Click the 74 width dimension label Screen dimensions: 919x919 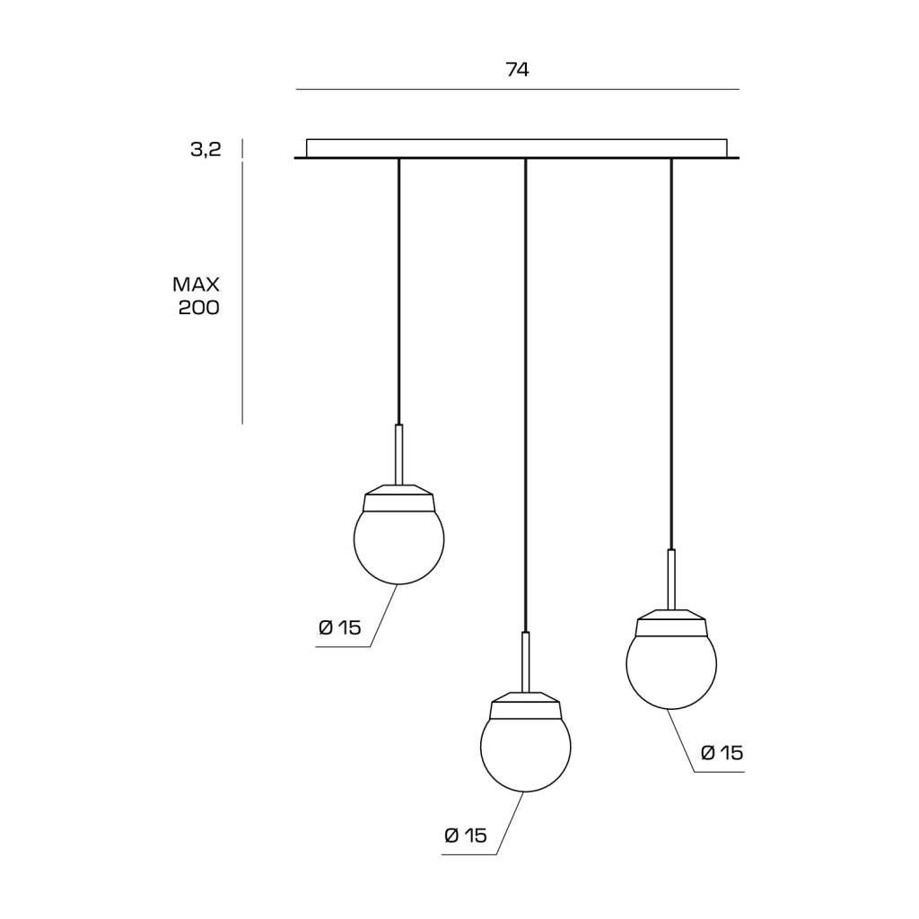(x=517, y=70)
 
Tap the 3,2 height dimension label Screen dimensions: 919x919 (x=206, y=150)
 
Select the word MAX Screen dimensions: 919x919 (x=196, y=284)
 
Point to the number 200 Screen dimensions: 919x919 (x=198, y=308)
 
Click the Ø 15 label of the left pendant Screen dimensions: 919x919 (x=340, y=627)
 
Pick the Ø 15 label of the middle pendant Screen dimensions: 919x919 (x=466, y=836)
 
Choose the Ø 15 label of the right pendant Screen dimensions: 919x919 (x=722, y=753)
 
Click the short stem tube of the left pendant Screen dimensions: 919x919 (x=399, y=454)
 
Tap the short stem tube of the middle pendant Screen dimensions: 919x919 (x=526, y=661)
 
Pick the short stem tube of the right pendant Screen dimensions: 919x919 (x=671, y=579)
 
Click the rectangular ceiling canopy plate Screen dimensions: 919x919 (x=516, y=148)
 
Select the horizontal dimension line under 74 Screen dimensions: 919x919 (x=518, y=90)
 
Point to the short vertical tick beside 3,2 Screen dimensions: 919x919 (x=242, y=149)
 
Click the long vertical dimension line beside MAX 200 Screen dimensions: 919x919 (x=242, y=293)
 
